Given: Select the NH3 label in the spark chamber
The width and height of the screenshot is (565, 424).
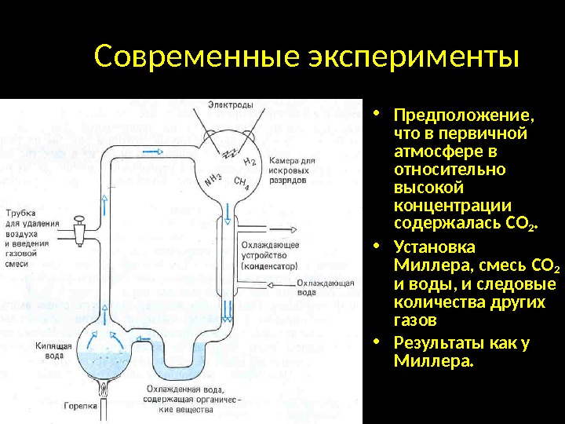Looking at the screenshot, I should click(x=213, y=178).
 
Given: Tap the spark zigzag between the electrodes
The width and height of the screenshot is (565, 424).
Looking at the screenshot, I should click(x=231, y=149).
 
